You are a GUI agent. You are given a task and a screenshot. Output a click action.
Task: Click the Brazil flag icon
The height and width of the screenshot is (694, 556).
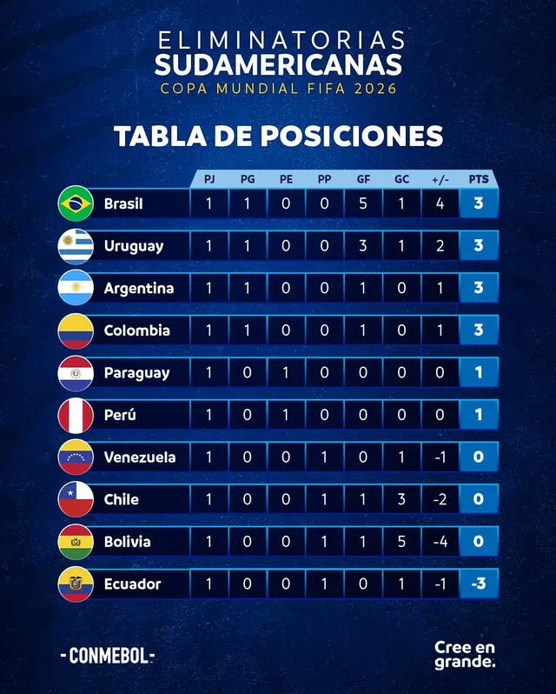(x=76, y=204)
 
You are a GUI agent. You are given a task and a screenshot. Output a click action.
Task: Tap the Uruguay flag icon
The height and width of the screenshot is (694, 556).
(x=76, y=246)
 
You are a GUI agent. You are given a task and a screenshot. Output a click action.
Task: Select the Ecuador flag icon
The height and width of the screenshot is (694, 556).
(x=76, y=584)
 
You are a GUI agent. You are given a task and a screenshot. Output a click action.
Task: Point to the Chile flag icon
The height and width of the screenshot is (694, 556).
(x=76, y=499)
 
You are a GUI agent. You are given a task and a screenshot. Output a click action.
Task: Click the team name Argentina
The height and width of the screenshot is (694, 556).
(x=139, y=288)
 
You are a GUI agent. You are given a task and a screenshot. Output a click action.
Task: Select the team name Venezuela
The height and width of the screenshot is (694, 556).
(x=140, y=457)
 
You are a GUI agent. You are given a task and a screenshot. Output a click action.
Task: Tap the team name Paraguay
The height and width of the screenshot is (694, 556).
(x=136, y=372)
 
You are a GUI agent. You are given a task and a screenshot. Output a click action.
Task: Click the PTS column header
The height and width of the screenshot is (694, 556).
(x=479, y=179)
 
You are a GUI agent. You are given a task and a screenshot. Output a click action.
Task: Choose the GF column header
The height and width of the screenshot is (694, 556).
(x=363, y=179)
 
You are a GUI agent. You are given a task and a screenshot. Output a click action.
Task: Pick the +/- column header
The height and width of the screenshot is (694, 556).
(x=440, y=179)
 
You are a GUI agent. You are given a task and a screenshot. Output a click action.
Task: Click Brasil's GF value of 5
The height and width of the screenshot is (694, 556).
(x=363, y=204)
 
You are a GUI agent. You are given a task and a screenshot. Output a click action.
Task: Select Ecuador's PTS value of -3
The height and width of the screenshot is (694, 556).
(x=479, y=584)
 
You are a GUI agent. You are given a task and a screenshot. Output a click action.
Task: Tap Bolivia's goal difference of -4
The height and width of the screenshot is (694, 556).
(x=440, y=541)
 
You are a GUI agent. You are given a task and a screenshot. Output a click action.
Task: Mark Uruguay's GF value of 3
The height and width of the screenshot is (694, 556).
(x=363, y=246)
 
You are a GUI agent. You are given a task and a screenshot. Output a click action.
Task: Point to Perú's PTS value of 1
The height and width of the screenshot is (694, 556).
(x=479, y=415)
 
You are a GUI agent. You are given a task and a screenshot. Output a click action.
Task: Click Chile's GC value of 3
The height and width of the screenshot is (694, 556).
(x=401, y=499)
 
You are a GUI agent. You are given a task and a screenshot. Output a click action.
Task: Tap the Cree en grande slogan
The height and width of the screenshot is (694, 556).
(x=466, y=655)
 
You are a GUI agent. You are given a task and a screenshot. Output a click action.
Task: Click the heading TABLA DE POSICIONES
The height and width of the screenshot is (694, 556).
(x=278, y=137)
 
